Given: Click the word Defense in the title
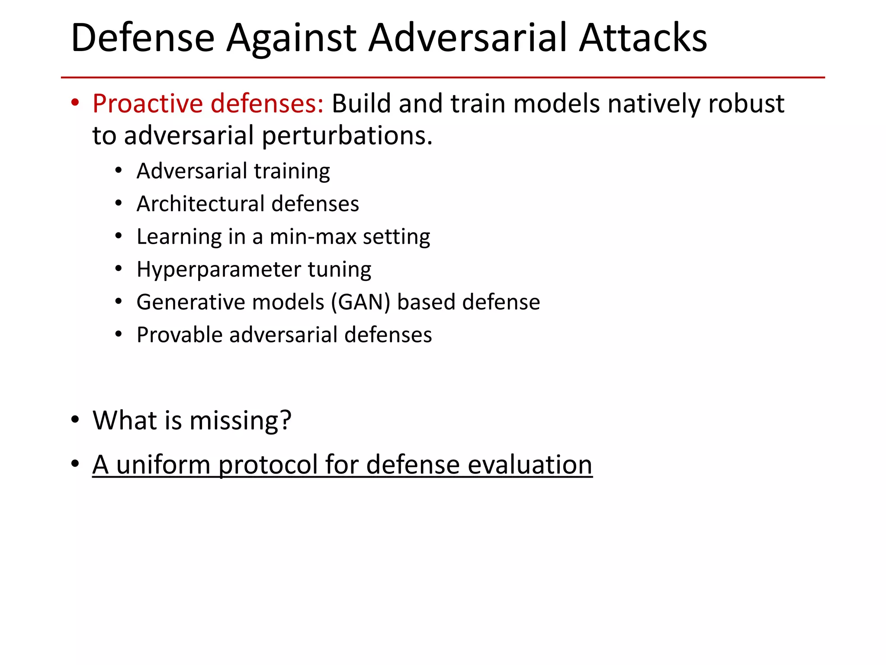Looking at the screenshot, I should click(143, 38).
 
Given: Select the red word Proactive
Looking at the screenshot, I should click(148, 104).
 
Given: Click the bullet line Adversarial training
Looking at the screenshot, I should click(233, 171).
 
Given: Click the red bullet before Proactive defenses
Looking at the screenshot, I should click(75, 103).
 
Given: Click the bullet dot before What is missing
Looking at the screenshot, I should click(75, 420).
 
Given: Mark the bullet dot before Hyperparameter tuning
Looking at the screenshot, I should click(119, 269).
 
